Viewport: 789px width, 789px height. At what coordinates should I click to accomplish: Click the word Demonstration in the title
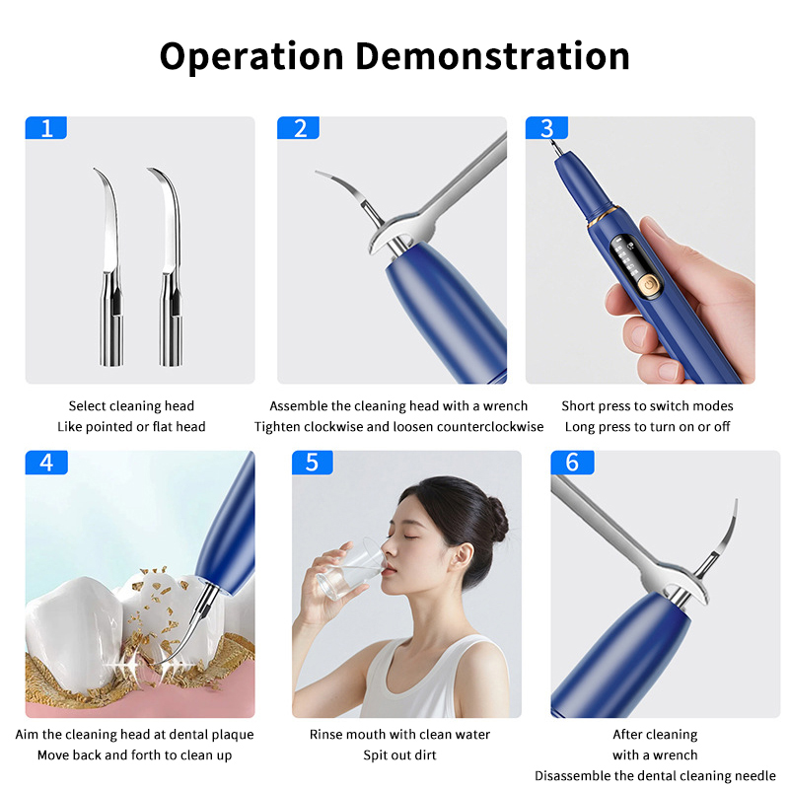tap(492, 56)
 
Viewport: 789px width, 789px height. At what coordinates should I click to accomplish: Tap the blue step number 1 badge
tap(45, 128)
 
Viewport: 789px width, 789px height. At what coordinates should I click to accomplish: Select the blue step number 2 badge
tap(298, 128)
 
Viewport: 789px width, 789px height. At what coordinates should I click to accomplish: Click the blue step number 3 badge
tap(546, 128)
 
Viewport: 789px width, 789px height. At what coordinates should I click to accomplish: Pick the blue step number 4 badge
tap(46, 462)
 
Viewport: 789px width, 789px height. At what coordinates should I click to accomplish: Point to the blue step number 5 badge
tap(312, 462)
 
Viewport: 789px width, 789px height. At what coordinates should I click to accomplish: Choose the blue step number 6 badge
tap(572, 462)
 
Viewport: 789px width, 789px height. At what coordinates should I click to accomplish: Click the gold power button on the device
tap(649, 286)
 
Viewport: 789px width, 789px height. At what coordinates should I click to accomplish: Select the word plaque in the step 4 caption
tap(233, 735)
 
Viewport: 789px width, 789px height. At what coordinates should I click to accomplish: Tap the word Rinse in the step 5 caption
tap(324, 735)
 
